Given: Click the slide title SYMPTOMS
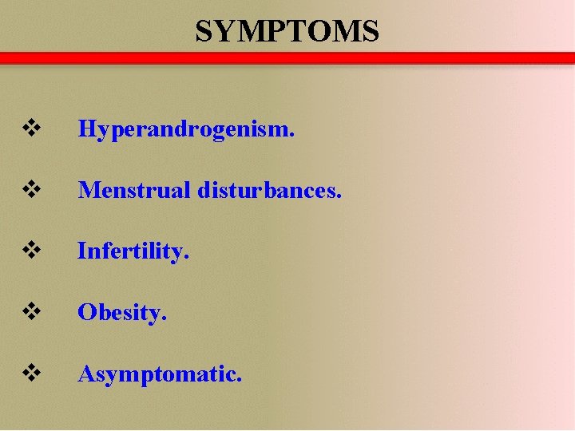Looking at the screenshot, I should (x=287, y=31).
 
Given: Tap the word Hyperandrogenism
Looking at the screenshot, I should (x=186, y=129).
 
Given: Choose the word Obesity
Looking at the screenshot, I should (x=122, y=312).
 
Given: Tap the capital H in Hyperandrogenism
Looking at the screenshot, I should (x=86, y=129).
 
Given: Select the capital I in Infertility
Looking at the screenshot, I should (x=81, y=251).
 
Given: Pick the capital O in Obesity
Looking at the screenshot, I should (x=85, y=312).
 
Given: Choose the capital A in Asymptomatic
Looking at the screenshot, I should (x=85, y=373).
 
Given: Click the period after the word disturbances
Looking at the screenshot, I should (x=339, y=196).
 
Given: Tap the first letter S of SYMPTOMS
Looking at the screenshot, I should (x=204, y=31).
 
